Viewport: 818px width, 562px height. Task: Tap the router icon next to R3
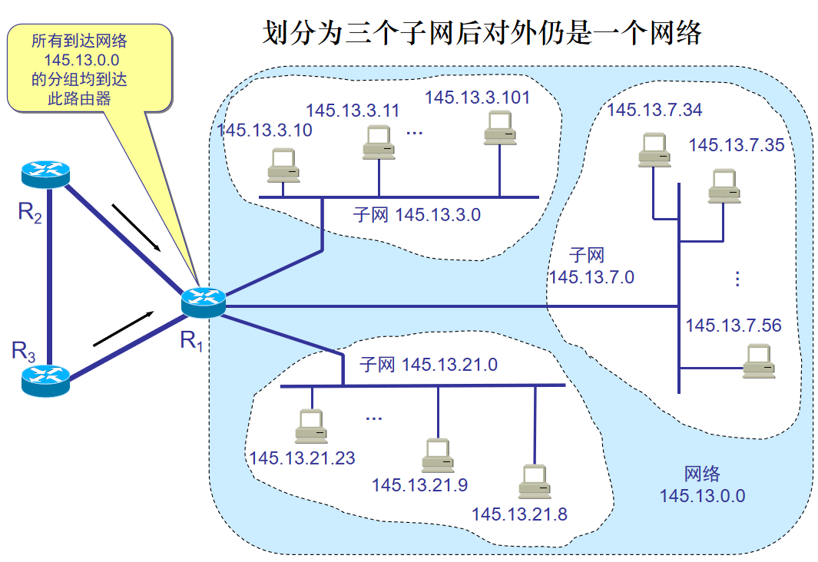(x=45, y=379)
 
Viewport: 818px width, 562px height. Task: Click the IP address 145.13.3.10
(x=265, y=130)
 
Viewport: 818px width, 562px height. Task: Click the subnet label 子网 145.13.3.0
(x=416, y=214)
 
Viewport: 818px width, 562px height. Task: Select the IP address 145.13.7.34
(x=654, y=110)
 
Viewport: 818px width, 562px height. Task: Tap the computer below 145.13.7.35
(x=724, y=186)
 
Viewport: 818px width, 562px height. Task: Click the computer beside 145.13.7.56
(x=759, y=361)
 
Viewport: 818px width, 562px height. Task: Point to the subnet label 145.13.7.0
(x=591, y=266)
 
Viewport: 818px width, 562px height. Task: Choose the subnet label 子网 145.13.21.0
(x=429, y=365)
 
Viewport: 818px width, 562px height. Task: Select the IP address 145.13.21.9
(x=419, y=484)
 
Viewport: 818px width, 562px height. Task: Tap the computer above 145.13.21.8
(x=535, y=481)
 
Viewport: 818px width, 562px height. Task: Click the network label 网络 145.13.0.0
(x=702, y=484)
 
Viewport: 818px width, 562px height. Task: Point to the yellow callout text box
(x=90, y=68)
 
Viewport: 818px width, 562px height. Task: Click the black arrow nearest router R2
(x=136, y=228)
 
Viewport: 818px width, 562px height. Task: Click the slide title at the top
(x=482, y=32)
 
